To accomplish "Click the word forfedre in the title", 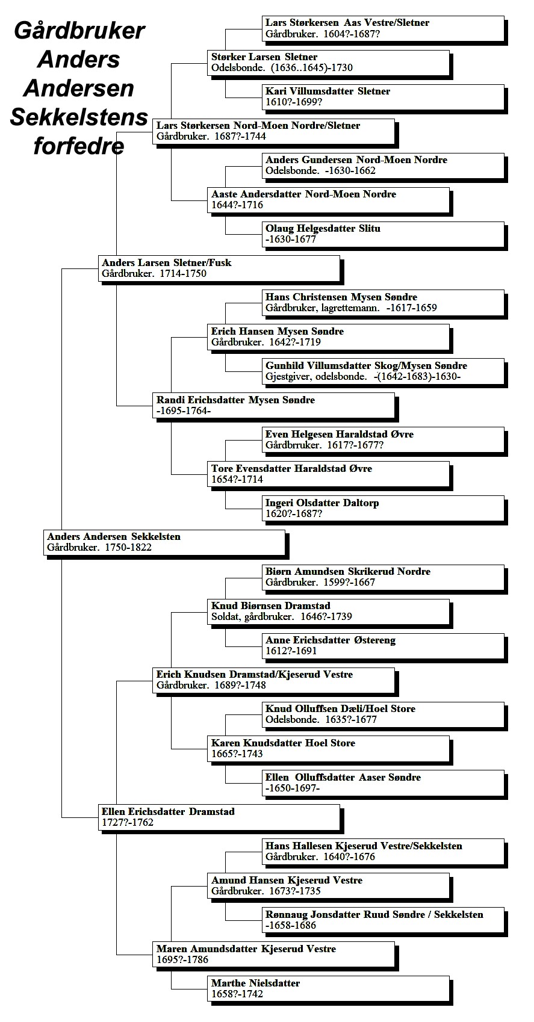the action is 79,146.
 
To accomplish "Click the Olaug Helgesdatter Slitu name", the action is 323,228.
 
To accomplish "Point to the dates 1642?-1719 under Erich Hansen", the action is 295,342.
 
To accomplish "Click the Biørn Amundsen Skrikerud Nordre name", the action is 348,571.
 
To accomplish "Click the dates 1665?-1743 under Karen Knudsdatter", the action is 237,754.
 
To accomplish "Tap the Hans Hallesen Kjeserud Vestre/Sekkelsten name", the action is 364,846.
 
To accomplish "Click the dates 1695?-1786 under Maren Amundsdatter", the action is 182,959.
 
